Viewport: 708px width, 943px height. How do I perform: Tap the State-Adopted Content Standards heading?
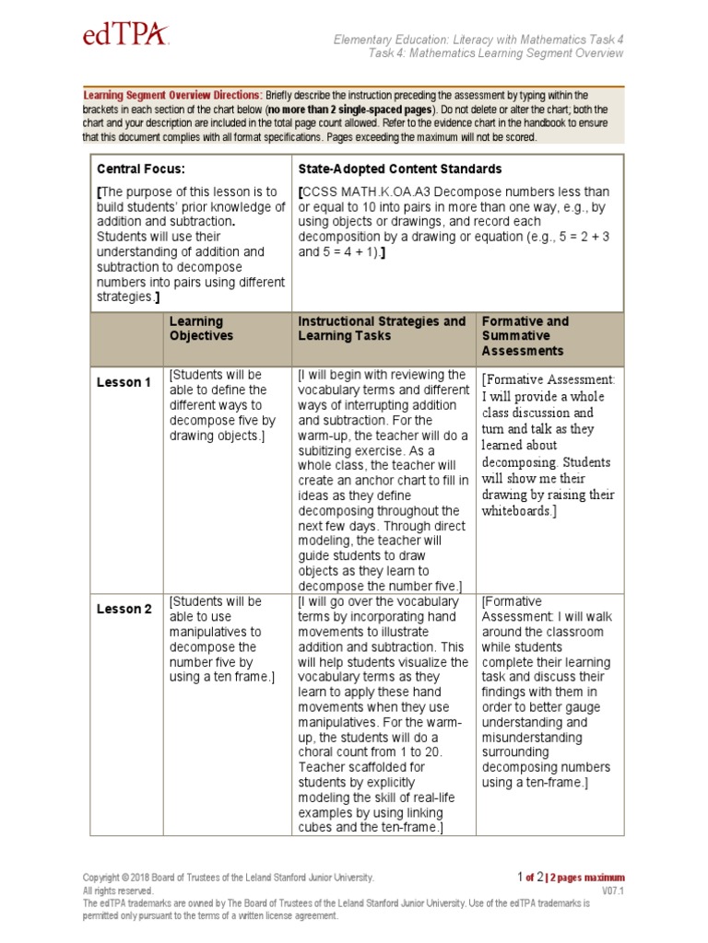coord(400,169)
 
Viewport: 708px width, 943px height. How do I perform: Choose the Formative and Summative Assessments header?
coord(525,336)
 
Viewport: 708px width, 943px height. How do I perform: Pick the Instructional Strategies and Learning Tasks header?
coord(382,329)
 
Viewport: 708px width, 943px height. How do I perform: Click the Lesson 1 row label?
coord(124,382)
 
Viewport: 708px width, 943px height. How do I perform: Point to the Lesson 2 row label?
coord(124,609)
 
